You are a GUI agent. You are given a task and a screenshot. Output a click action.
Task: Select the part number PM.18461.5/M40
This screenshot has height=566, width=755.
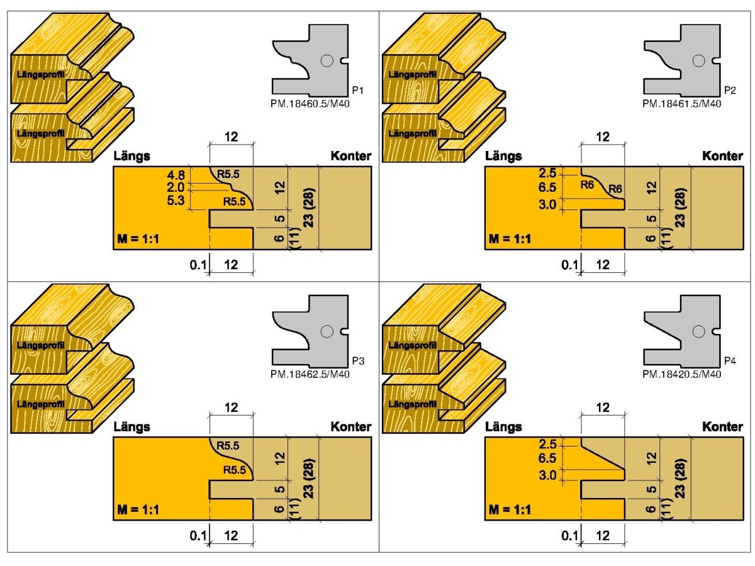681,104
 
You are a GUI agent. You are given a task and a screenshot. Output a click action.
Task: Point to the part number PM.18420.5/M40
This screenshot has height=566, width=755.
681,374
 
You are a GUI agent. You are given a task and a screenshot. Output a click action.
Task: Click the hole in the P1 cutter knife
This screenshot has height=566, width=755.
326,61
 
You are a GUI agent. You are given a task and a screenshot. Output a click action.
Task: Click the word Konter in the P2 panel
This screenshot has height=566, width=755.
722,157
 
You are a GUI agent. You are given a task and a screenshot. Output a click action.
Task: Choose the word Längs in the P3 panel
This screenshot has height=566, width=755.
131,427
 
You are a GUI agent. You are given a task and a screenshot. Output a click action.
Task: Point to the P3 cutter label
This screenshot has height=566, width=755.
356,362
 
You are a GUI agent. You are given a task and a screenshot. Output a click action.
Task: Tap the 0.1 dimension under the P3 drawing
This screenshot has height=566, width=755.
198,536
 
